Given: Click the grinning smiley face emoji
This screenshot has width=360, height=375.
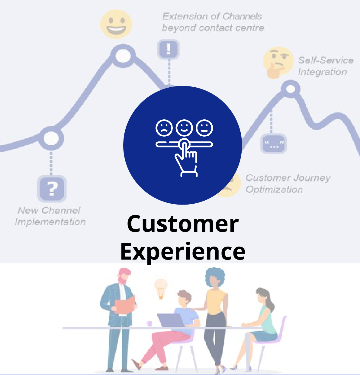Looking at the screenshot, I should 116,24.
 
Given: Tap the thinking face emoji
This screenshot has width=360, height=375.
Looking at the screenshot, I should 277,62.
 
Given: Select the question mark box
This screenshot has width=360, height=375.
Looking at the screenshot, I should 52,189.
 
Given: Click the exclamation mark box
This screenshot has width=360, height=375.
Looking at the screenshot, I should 169,49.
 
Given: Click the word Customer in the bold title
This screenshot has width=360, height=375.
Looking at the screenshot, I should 183,224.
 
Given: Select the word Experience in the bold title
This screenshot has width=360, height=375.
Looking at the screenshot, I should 183,252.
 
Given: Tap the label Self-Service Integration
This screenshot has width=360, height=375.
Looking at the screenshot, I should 325,66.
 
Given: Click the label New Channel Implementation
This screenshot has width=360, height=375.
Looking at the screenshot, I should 50,216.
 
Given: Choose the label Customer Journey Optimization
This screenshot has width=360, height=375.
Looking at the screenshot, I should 288,183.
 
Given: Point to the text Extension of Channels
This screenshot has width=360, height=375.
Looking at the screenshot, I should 212,16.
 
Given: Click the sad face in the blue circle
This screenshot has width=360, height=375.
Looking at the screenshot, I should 164,128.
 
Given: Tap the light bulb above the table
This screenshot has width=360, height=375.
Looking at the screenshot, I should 161,287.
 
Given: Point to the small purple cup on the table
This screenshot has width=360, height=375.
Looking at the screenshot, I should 149,323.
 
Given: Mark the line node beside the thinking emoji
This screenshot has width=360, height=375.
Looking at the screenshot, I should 290,89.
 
